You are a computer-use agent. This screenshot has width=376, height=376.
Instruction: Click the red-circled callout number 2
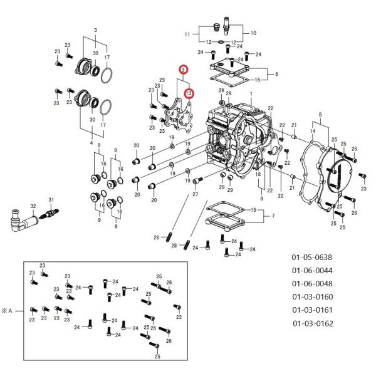pyautogui.click(x=183, y=70)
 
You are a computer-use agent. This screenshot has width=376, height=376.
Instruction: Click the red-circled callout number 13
pyautogui.click(x=189, y=94)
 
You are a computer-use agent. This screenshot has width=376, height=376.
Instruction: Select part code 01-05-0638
pyautogui.click(x=311, y=258)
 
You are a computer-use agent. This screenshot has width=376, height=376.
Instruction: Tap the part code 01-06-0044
pyautogui.click(x=311, y=271)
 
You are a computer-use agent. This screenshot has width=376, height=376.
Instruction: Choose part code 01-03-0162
pyautogui.click(x=313, y=323)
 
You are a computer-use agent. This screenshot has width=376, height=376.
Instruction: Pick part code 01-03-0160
pyautogui.click(x=311, y=297)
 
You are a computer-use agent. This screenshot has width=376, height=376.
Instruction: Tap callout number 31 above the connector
pyautogui.click(x=52, y=199)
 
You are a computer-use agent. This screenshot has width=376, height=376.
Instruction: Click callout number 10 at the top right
pyautogui.click(x=253, y=33)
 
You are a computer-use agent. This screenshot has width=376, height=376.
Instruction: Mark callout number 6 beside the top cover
pyautogui.click(x=276, y=73)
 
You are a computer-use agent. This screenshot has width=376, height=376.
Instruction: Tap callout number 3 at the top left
pyautogui.click(x=95, y=31)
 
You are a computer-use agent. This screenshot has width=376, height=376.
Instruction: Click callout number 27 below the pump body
pyautogui.click(x=195, y=194)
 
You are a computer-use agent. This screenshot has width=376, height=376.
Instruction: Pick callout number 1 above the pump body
pyautogui.click(x=251, y=93)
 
